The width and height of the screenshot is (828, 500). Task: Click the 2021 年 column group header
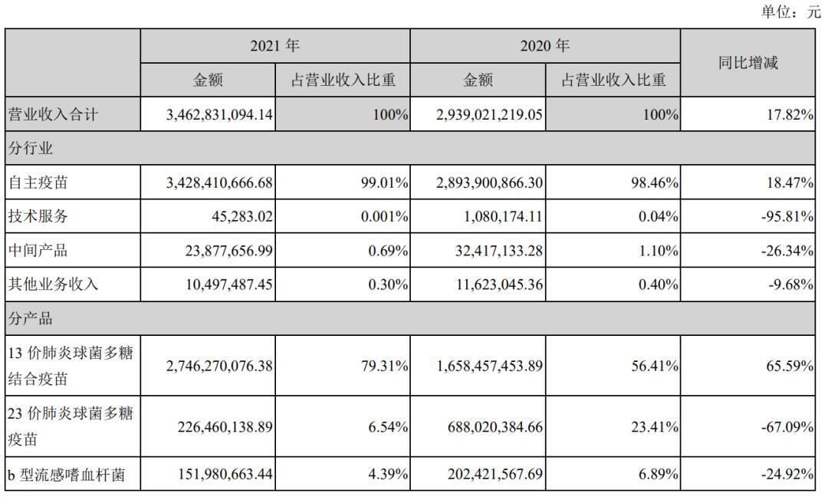274,47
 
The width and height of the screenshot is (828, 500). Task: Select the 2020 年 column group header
544,47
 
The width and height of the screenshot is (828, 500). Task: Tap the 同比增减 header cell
747,64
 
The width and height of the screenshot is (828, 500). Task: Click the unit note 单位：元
790,13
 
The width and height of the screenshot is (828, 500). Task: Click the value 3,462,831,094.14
219,115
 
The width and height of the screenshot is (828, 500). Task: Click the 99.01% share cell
383,183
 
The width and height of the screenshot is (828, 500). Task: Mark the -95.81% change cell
790,216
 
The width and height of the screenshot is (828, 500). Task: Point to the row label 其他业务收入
53,284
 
